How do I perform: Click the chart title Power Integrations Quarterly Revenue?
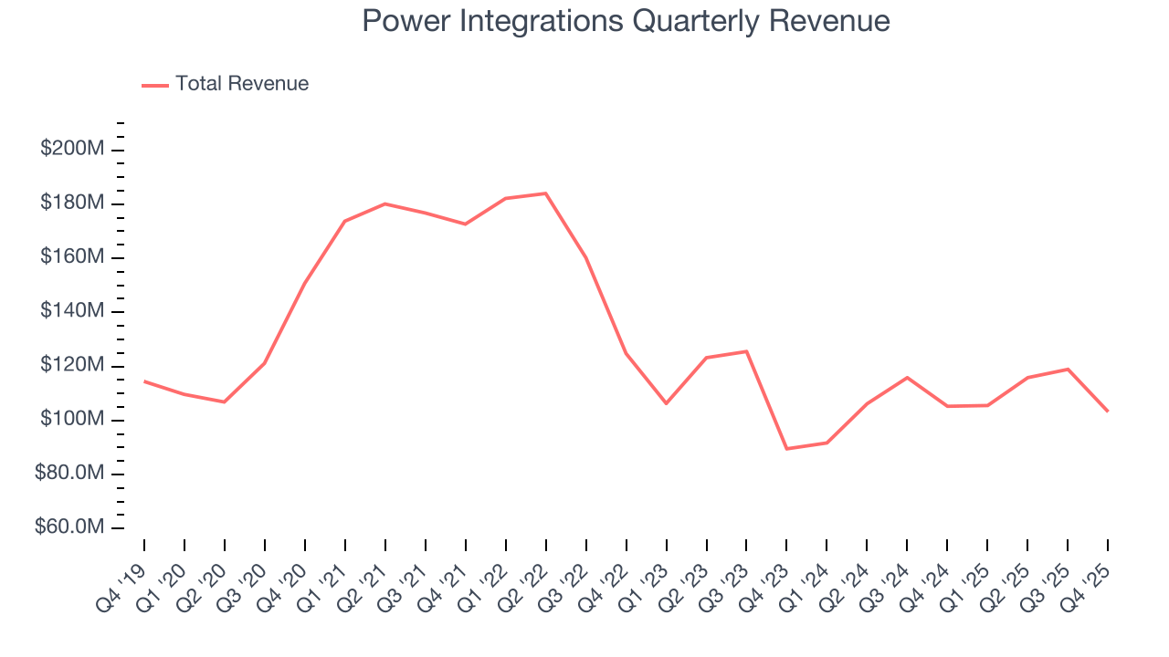[x=626, y=20]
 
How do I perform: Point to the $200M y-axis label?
[x=71, y=149]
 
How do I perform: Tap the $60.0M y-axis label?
[x=71, y=527]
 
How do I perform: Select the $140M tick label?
[x=71, y=311]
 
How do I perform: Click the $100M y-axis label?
[x=71, y=420]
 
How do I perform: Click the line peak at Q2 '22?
[x=546, y=193]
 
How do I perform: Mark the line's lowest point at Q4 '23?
[x=786, y=449]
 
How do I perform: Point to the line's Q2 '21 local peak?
[x=385, y=203]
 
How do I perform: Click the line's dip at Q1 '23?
[x=666, y=403]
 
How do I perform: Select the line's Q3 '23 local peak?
[x=746, y=351]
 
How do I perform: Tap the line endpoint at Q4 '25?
[x=1108, y=411]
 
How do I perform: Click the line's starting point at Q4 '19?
[x=144, y=381]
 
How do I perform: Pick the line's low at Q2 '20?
[x=225, y=401]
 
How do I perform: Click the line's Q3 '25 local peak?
[x=1068, y=369]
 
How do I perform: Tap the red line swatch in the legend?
[x=155, y=85]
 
